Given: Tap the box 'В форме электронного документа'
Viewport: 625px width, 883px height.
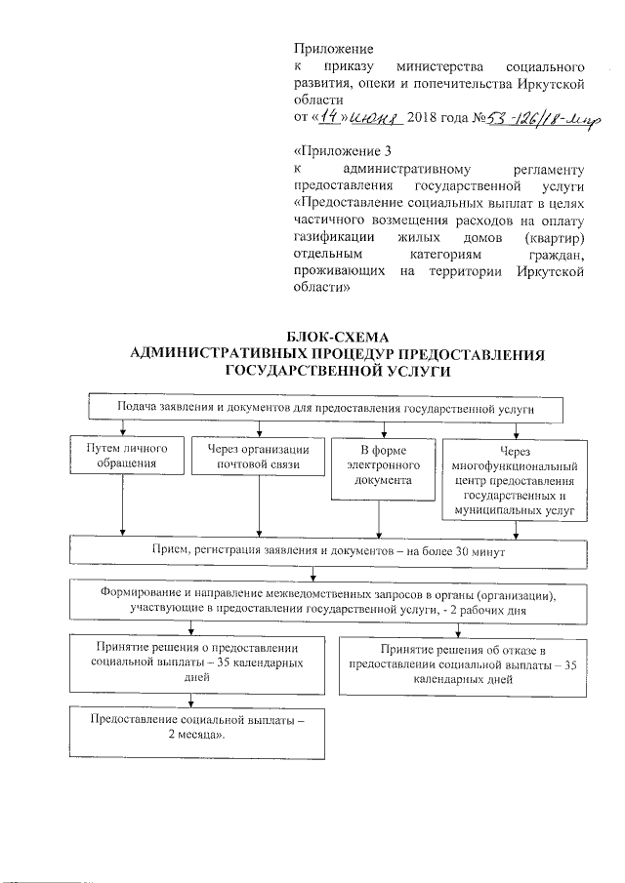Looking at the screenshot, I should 376,464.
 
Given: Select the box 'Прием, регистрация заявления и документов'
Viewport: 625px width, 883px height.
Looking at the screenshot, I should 328,551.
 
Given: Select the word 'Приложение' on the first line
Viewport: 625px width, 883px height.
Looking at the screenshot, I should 333,47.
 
